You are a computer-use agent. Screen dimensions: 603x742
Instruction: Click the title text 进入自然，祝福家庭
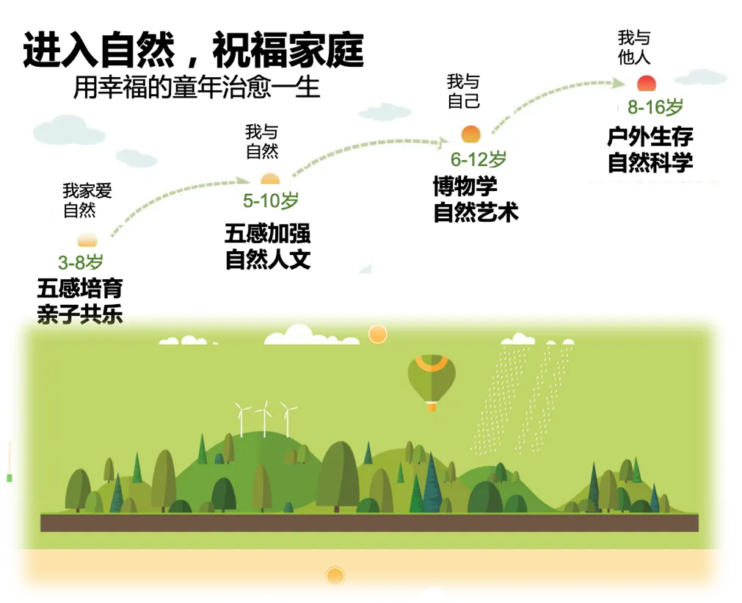[x=193, y=51]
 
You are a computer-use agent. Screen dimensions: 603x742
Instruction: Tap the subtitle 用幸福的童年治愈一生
[x=197, y=87]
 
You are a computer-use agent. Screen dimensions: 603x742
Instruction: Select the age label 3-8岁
[x=80, y=262]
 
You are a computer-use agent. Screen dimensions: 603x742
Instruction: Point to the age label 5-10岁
[x=271, y=201]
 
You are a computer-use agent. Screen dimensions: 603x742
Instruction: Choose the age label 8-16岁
[x=655, y=108]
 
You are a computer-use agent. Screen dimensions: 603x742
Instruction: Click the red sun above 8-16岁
[x=647, y=82]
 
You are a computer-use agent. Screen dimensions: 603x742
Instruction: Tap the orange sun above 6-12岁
[x=470, y=134]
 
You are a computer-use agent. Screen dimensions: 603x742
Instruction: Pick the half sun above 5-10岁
[x=270, y=178]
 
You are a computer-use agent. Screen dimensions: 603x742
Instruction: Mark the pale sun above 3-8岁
[x=87, y=239]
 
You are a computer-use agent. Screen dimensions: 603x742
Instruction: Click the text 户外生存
[x=650, y=137]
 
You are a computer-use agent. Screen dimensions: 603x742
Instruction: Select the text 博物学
[x=465, y=186]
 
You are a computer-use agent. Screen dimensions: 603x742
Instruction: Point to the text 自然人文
[x=268, y=260]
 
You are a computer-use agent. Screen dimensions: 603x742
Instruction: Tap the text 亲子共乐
[x=80, y=314]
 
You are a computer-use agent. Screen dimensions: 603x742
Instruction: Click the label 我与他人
[x=634, y=47]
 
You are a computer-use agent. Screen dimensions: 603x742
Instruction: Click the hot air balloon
[x=432, y=380]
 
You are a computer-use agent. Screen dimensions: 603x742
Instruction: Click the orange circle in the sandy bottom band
[x=335, y=576]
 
